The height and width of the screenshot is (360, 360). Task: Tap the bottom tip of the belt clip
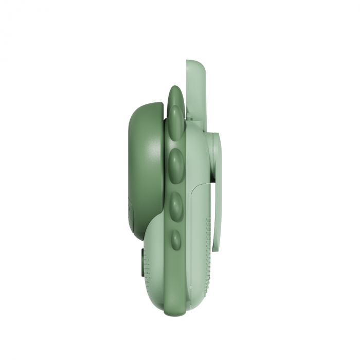215,249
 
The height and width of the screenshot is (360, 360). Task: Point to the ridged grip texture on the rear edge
208,247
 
